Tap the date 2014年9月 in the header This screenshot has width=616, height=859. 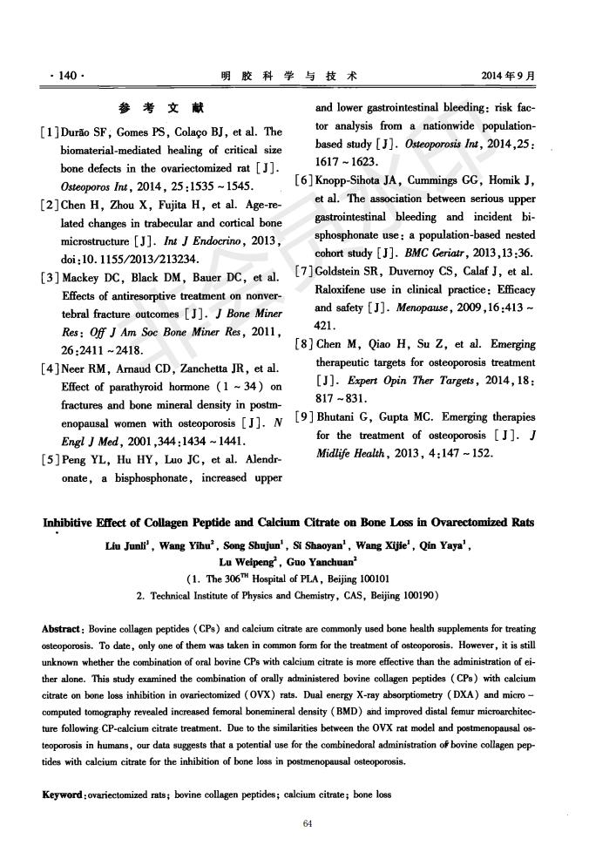pos(508,76)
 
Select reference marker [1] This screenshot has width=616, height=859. pos(50,132)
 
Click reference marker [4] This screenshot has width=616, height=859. pos(50,369)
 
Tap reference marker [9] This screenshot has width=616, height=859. pos(307,417)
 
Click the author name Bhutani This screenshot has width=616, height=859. pos(349,417)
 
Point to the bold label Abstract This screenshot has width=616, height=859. pos(64,628)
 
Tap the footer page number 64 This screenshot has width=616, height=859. pos(307,825)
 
